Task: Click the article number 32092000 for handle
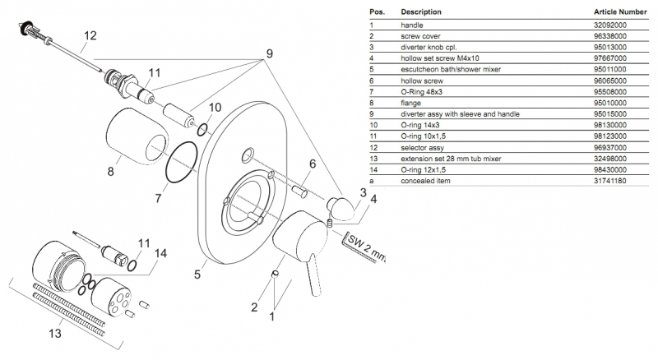[x=610, y=26]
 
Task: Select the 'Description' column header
[x=420, y=12]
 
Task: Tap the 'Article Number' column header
[x=622, y=12]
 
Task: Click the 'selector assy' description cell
[x=424, y=145]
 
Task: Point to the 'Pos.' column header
[x=378, y=12]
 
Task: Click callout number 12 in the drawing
[x=90, y=35]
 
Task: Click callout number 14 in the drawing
[x=161, y=254]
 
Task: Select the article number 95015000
[x=610, y=113]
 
